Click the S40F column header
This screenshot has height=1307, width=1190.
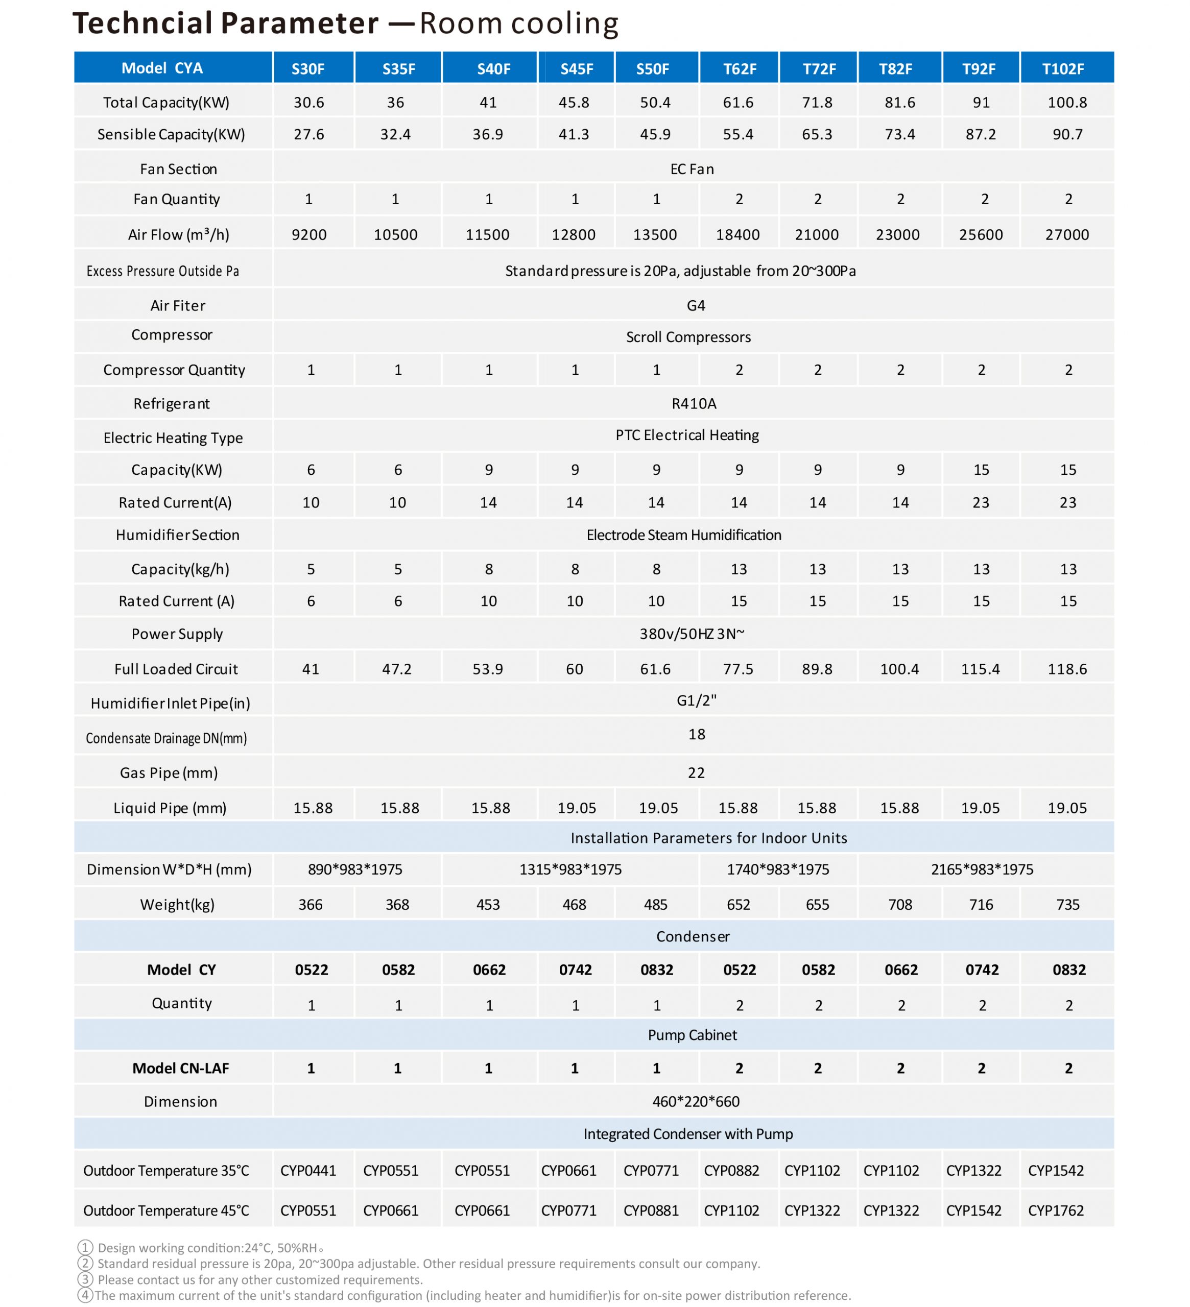pos(493,69)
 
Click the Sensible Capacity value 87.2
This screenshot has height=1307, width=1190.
pos(980,134)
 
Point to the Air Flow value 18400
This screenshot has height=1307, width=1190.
pos(737,235)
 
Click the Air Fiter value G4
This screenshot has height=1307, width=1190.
pos(695,305)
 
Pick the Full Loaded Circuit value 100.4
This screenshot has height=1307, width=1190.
pos(899,669)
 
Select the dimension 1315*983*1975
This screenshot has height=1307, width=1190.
pos(570,869)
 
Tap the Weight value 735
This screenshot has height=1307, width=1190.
pos(1067,904)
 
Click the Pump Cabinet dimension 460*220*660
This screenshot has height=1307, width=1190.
pos(695,1101)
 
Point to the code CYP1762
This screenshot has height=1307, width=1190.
pos(1055,1211)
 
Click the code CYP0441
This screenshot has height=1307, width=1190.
pos(308,1170)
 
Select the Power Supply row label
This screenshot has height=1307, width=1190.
pos(177,634)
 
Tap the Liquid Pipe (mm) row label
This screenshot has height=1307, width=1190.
pos(170,808)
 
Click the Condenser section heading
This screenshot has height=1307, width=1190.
pos(693,936)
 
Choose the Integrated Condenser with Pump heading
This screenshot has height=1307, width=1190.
pos(688,1134)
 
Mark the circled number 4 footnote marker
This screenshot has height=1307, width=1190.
pos(85,1295)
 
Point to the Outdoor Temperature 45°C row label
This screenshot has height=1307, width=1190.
pos(166,1211)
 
